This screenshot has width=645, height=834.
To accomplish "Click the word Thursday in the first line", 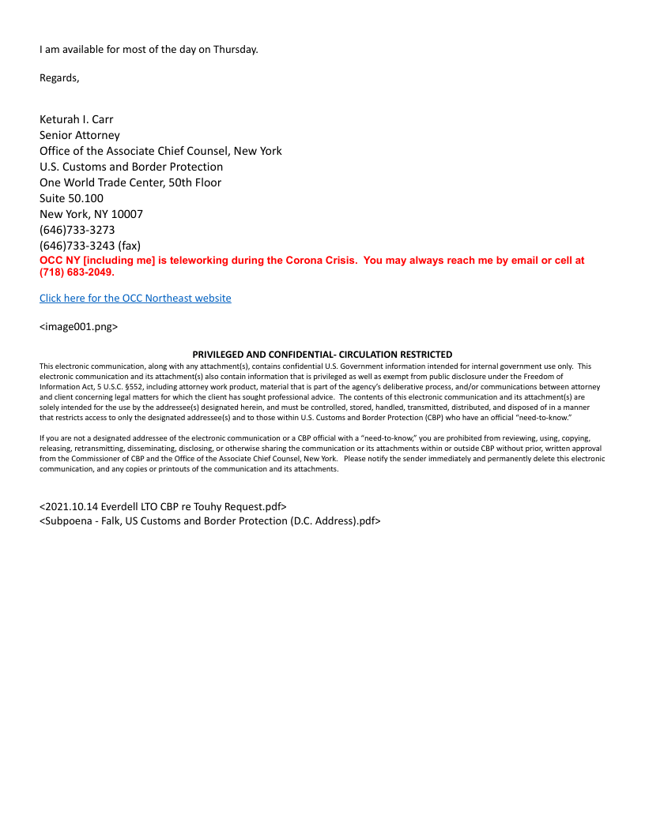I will pos(235,49).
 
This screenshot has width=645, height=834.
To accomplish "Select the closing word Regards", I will pos(59,77).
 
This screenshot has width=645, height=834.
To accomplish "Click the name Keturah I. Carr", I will pos(77,119).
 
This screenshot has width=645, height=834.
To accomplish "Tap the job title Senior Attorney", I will pos(80,135).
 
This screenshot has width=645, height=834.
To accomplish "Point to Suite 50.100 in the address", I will pos(71,198).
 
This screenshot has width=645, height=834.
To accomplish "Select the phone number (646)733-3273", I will pos(77,230).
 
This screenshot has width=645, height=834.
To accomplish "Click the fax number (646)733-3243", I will pos(77,246).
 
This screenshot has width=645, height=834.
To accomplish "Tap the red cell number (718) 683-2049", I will pos(77,272).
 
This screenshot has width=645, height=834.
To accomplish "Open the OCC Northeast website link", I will pos(135,298).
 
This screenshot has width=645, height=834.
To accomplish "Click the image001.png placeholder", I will pos(78,326).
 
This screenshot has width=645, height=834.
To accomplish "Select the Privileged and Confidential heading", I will pos(322,355).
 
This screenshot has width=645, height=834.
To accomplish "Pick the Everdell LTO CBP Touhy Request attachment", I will pos(163,505).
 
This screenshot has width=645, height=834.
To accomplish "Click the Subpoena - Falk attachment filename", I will pos(210,520).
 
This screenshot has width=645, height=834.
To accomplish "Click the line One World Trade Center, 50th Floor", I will pos(130,182).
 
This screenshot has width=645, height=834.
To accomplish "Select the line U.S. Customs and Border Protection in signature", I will pos(131,167).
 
